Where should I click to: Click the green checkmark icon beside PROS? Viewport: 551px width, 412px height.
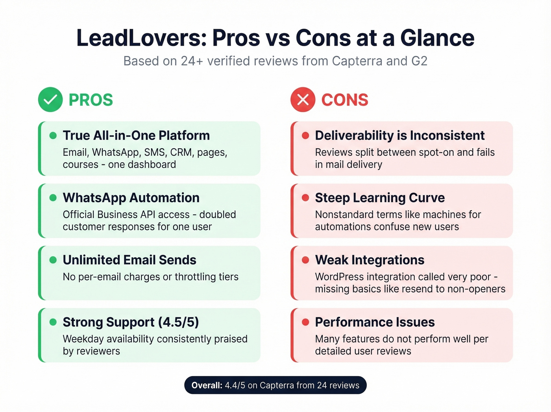pyautogui.click(x=50, y=100)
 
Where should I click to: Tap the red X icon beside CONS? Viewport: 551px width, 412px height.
pyautogui.click(x=303, y=100)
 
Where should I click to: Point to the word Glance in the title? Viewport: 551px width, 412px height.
pyautogui.click(x=437, y=38)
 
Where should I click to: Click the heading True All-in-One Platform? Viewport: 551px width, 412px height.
pyautogui.click(x=136, y=136)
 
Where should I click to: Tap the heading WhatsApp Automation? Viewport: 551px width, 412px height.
pyautogui.click(x=131, y=198)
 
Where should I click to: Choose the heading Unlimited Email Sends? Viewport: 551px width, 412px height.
pyautogui.click(x=129, y=260)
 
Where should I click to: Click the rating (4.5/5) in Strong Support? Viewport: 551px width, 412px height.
pyautogui.click(x=178, y=323)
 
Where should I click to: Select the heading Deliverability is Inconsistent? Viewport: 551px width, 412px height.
pyautogui.click(x=399, y=136)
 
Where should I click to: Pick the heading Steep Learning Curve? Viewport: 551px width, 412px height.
pyautogui.click(x=380, y=198)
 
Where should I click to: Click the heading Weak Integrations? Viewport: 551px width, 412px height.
pyautogui.click(x=370, y=260)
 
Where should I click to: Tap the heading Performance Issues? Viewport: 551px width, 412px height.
pyautogui.click(x=375, y=323)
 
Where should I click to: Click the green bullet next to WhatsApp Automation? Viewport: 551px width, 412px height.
pyautogui.click(x=53, y=198)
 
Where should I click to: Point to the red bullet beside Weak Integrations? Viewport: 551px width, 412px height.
pyautogui.click(x=305, y=260)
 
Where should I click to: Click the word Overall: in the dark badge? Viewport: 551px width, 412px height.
pyautogui.click(x=207, y=386)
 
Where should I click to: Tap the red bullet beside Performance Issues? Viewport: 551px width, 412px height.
pyautogui.click(x=305, y=323)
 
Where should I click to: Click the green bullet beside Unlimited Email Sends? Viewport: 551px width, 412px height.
pyautogui.click(x=53, y=260)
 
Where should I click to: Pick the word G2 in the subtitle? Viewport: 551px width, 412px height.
pyautogui.click(x=419, y=61)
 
